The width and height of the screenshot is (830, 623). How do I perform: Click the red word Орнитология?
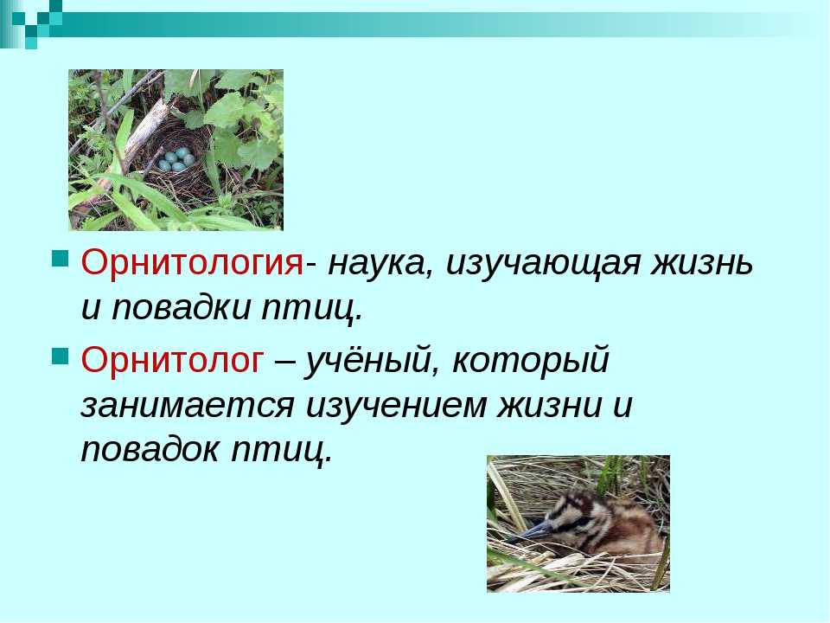pyautogui.click(x=192, y=263)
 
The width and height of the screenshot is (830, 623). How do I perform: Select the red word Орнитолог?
pyautogui.click(x=172, y=360)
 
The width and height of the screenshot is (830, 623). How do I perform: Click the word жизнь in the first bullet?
pyautogui.click(x=702, y=263)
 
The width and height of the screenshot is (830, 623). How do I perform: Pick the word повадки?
pyautogui.click(x=181, y=307)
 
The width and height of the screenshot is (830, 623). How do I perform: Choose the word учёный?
pyautogui.click(x=372, y=360)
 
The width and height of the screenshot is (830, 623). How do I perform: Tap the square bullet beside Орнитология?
pyautogui.click(x=61, y=260)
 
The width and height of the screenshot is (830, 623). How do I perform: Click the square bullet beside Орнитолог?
pyautogui.click(x=61, y=356)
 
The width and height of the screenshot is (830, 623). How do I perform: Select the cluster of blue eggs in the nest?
pyautogui.click(x=176, y=159)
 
